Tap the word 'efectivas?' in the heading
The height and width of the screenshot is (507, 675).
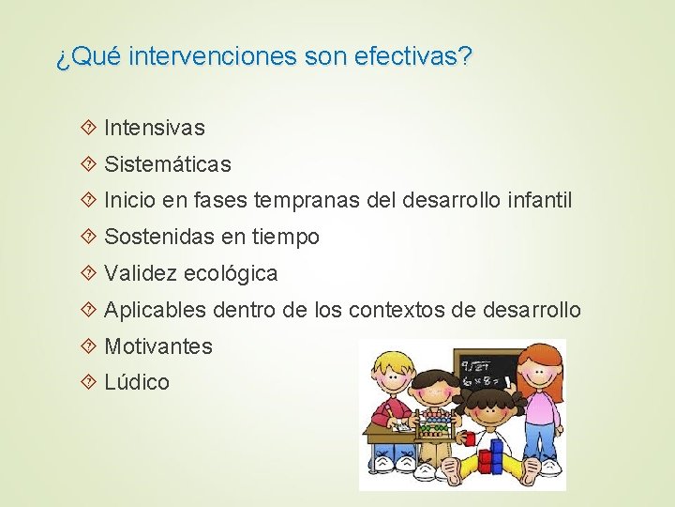pos(414,57)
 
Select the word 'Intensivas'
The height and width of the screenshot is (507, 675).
pos(155,127)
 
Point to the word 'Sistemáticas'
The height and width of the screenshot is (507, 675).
pos(168,164)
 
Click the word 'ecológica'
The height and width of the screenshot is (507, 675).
pos(232,274)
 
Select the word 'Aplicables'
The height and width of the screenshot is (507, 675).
pos(155,310)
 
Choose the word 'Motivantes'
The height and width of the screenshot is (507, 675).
pos(158,346)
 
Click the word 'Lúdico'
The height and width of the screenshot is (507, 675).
pos(137,382)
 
